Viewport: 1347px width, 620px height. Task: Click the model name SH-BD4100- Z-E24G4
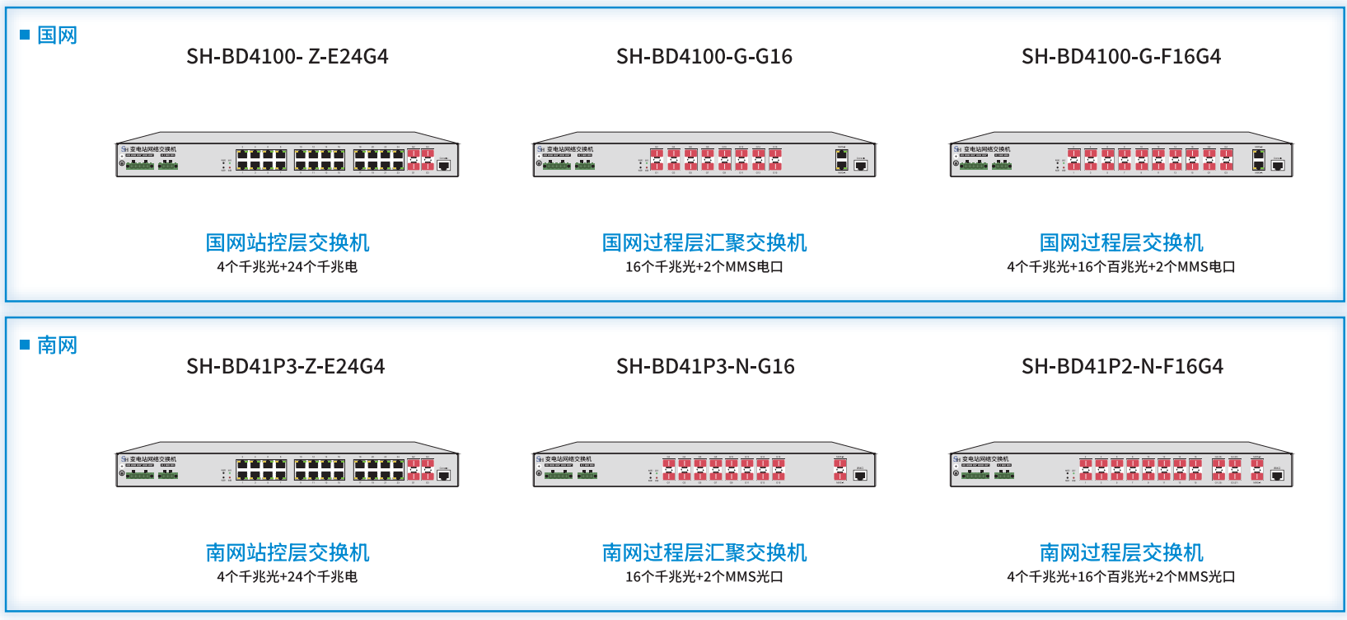(x=287, y=56)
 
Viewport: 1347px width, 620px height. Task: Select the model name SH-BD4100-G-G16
(x=704, y=56)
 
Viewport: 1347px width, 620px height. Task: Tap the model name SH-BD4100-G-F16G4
(x=1121, y=56)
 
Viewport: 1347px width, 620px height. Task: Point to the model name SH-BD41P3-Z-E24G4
(x=286, y=366)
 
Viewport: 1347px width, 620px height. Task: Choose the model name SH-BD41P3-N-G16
(x=705, y=366)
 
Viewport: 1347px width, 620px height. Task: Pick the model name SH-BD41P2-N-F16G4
(x=1122, y=366)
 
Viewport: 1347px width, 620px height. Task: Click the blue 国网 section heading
(x=57, y=35)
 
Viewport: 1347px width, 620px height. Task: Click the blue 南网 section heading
(x=57, y=345)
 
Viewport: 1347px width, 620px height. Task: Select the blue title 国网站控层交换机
(x=288, y=242)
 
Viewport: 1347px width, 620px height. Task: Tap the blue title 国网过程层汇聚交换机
(x=704, y=242)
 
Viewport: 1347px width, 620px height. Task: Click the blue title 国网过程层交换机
(x=1121, y=242)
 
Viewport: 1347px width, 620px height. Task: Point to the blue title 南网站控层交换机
(x=288, y=552)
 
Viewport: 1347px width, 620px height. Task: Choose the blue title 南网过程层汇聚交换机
(x=704, y=552)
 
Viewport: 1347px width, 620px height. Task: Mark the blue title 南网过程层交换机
(x=1121, y=552)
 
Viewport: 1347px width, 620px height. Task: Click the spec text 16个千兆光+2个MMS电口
(x=704, y=267)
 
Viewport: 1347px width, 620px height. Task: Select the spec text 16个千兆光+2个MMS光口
(x=704, y=577)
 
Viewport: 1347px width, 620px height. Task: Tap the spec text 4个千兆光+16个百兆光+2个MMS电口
(x=1121, y=267)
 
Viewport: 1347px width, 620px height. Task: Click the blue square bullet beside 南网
(x=25, y=345)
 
